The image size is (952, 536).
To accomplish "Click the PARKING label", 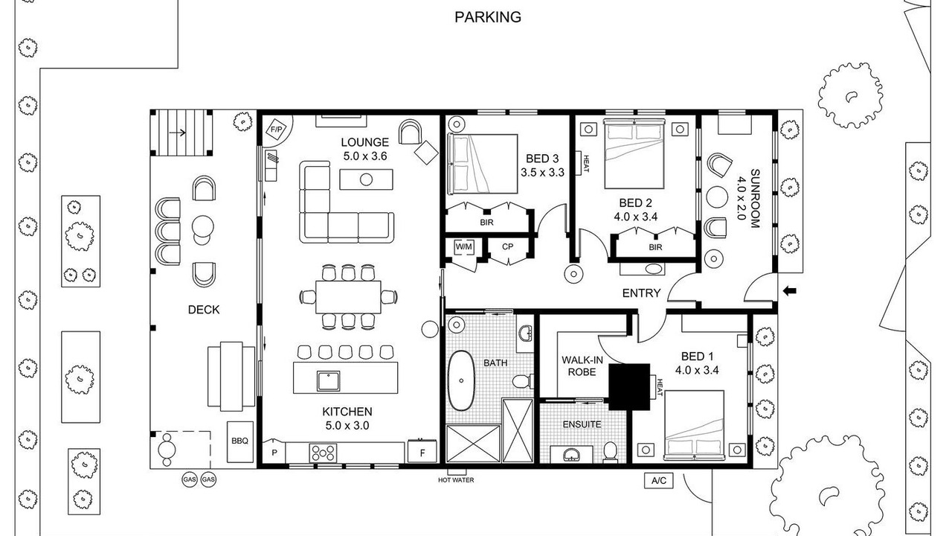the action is [488, 17].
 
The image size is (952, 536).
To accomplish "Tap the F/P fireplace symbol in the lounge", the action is [277, 129].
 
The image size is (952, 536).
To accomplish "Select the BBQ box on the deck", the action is [240, 441].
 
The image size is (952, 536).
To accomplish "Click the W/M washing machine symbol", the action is [463, 246].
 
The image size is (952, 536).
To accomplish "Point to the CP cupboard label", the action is [507, 246].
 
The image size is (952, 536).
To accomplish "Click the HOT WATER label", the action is [456, 480].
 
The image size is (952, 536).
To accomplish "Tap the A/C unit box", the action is [659, 481].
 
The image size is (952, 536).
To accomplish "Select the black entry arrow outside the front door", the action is [790, 291].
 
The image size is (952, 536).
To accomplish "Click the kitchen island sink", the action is [329, 381].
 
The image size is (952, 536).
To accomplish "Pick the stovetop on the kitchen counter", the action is [323, 453].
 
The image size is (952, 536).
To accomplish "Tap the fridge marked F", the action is [422, 452].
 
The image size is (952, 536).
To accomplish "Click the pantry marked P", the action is [274, 453].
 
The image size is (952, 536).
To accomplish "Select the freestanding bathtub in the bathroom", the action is [461, 380].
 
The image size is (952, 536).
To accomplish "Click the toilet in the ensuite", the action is [611, 452].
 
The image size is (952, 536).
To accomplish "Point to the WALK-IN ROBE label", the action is [582, 366].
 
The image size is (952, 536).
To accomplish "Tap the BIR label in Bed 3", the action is [486, 222].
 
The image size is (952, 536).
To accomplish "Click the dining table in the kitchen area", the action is [348, 297].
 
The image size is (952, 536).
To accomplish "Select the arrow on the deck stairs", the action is [177, 133].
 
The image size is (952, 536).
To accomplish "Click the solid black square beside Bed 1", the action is [629, 386].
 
